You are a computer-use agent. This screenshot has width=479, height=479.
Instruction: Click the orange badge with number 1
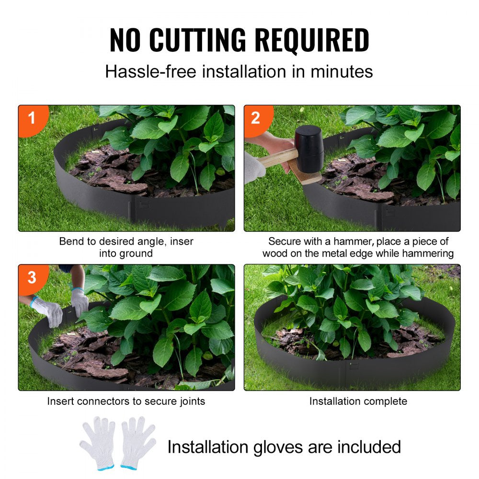point(32,117)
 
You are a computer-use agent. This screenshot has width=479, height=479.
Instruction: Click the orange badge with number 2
point(256,117)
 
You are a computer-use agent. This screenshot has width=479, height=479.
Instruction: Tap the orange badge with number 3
point(32,277)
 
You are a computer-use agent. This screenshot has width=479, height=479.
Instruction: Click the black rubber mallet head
point(308,148)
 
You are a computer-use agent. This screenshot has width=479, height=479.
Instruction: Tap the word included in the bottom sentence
point(369,447)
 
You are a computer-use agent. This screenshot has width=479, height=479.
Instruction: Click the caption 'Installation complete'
point(358,401)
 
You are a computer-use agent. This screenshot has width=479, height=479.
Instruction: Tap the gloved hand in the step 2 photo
point(254,168)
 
